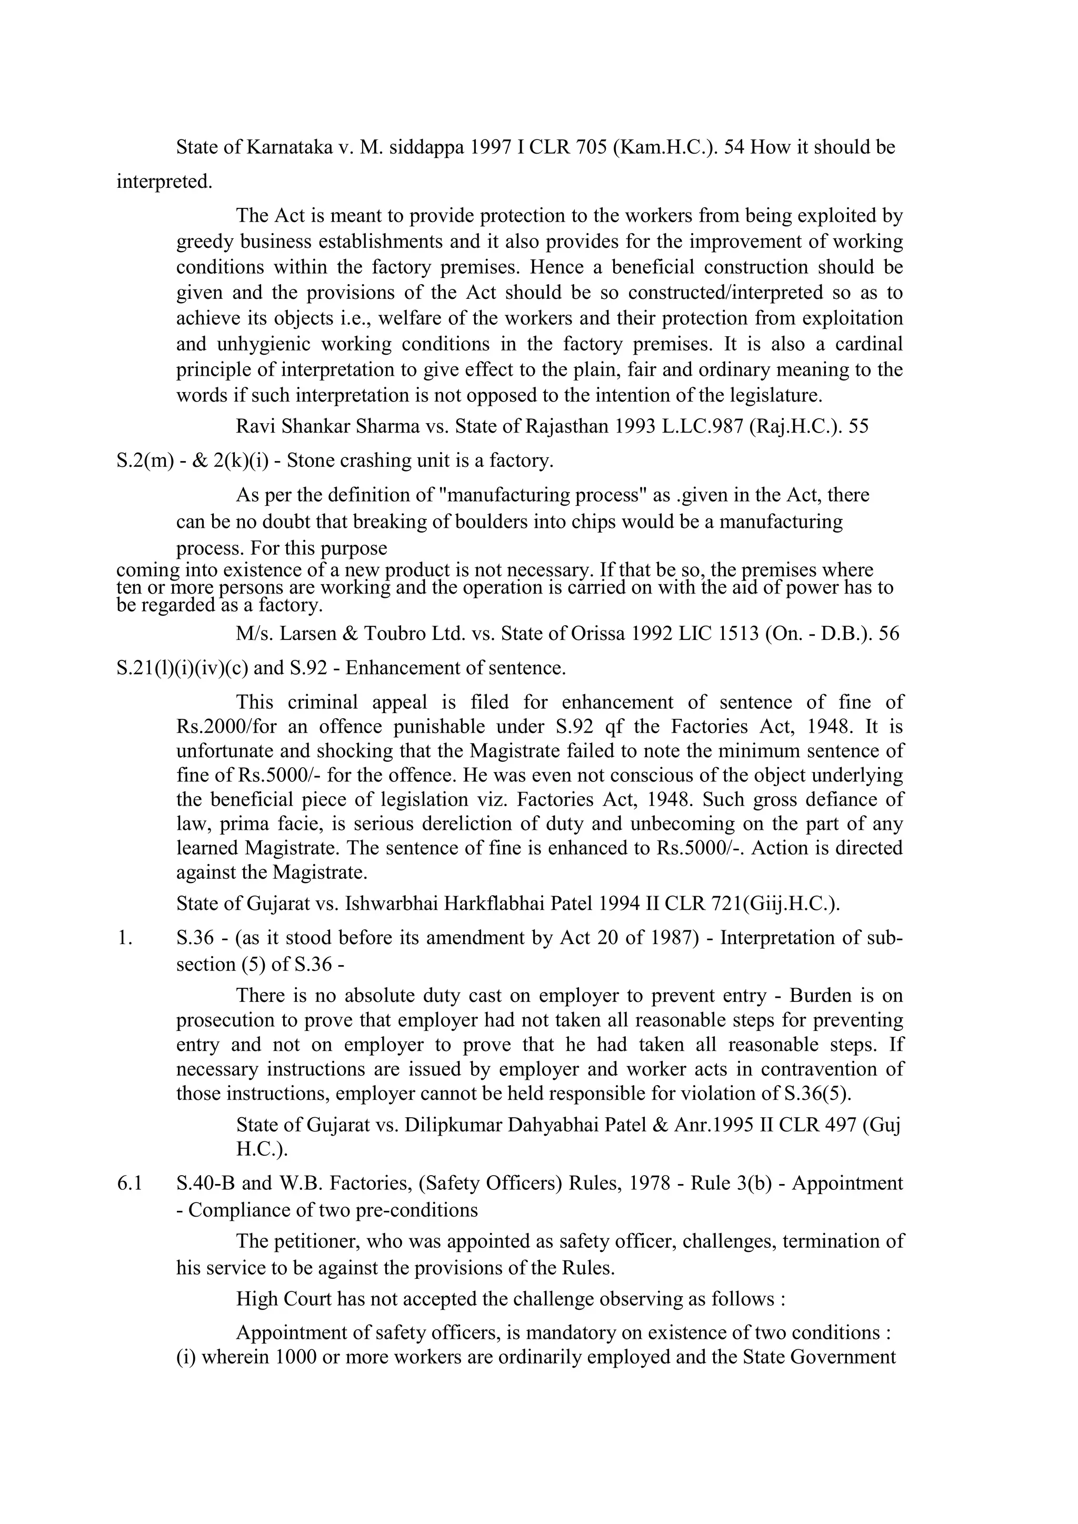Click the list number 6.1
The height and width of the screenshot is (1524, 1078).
point(129,1183)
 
